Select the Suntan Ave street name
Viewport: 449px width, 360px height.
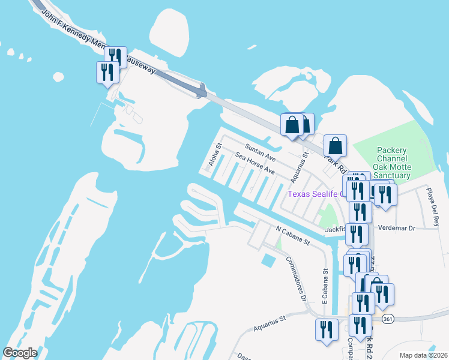click(260, 153)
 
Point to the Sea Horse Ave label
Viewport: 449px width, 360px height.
click(255, 163)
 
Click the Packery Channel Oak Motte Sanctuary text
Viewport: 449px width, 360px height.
click(392, 163)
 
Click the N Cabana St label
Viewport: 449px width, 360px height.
click(292, 235)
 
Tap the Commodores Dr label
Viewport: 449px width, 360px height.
click(295, 278)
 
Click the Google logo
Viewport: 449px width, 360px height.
click(20, 353)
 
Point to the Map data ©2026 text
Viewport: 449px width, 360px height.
click(423, 355)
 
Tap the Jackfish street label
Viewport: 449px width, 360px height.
click(335, 229)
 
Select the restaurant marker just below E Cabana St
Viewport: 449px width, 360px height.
click(327, 329)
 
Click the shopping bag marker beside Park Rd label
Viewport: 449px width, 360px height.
click(335, 145)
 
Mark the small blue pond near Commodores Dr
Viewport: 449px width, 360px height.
click(268, 260)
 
